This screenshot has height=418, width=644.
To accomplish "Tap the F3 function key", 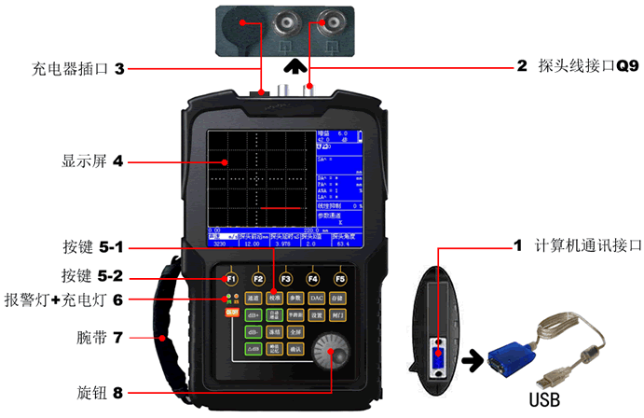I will [285, 278].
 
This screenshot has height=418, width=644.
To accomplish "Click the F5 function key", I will [340, 278].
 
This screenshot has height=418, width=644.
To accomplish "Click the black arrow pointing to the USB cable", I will [470, 360].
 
